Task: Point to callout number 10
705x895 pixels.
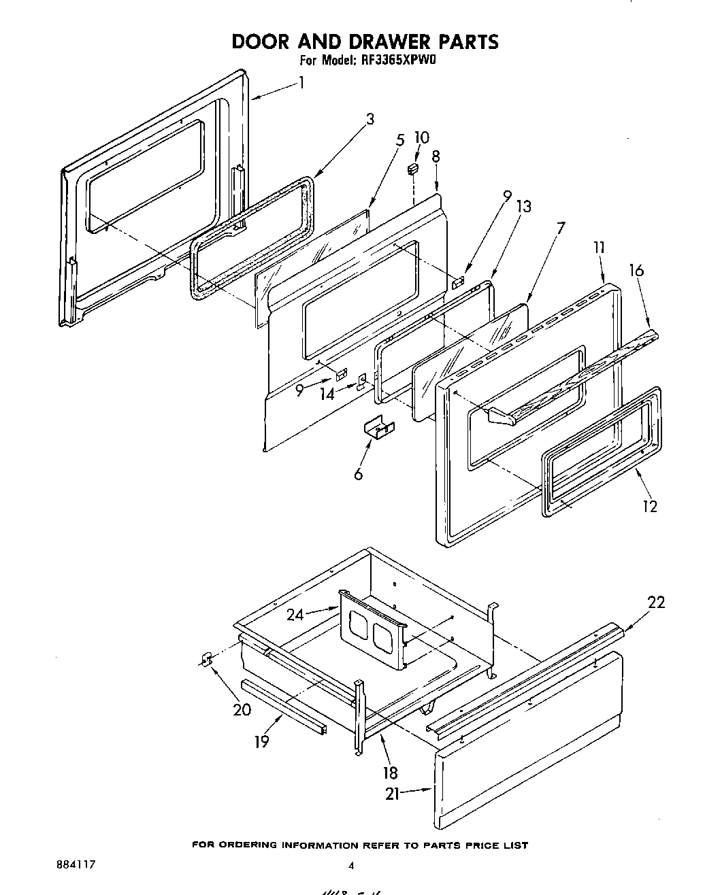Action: pyautogui.click(x=422, y=138)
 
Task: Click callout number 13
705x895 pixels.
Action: pyautogui.click(x=524, y=207)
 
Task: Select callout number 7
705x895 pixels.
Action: pyautogui.click(x=560, y=228)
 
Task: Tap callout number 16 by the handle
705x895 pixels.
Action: pyautogui.click(x=636, y=271)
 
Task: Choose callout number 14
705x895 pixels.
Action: pyautogui.click(x=328, y=394)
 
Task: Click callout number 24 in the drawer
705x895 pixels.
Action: pyautogui.click(x=295, y=615)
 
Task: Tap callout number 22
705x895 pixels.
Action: pyautogui.click(x=656, y=603)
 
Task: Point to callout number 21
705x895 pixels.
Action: pyautogui.click(x=393, y=793)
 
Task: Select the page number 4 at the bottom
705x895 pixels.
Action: pyautogui.click(x=351, y=866)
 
